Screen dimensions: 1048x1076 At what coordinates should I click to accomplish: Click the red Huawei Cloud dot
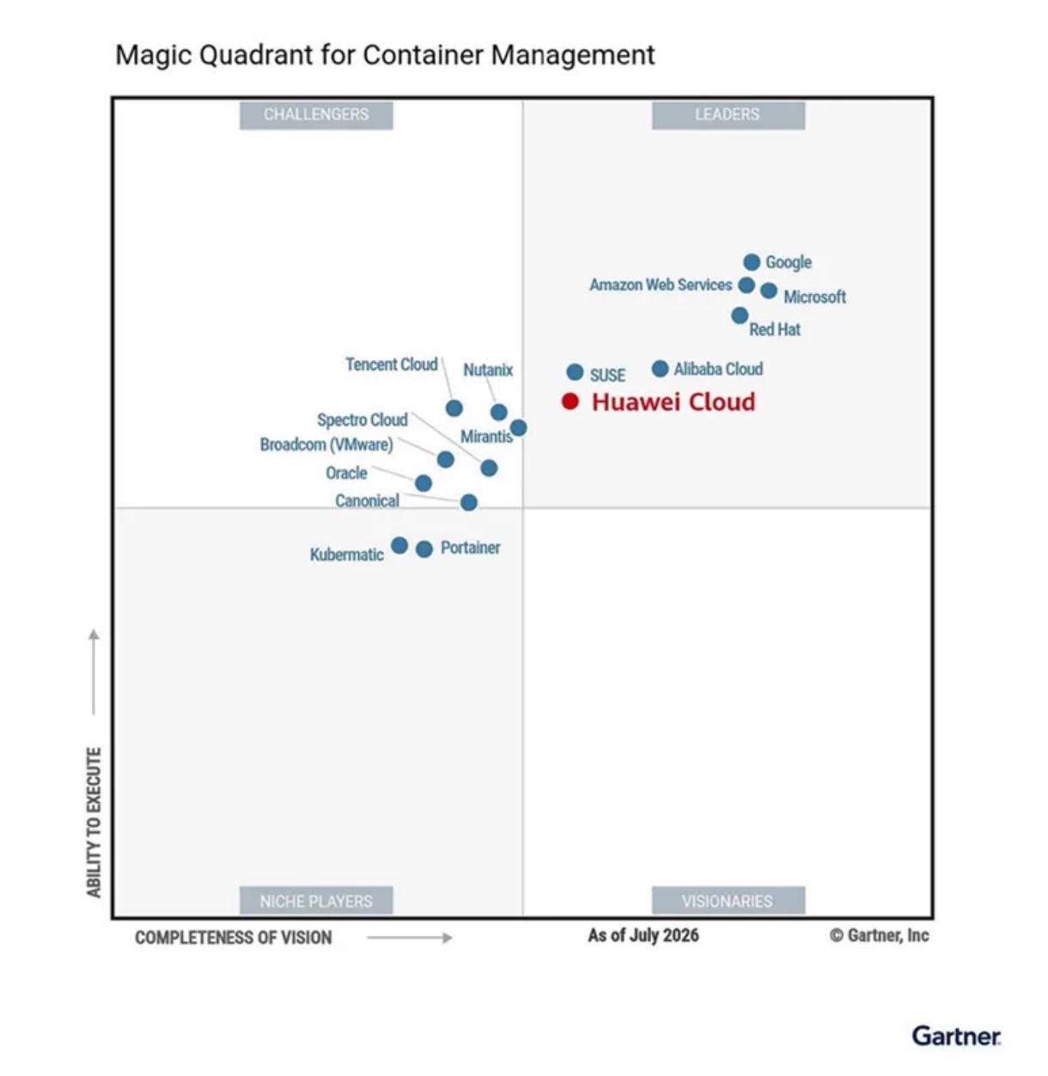(570, 401)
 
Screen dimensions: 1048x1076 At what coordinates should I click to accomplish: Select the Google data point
(752, 261)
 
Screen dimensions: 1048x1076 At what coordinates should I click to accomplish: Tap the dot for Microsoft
(768, 290)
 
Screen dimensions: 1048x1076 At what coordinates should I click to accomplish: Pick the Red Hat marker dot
(740, 315)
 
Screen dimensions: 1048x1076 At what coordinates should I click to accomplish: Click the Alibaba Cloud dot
(660, 368)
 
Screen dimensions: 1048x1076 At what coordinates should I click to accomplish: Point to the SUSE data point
(575, 371)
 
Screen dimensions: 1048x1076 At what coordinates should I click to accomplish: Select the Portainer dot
(424, 549)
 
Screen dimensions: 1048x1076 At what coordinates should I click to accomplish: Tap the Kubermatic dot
(399, 546)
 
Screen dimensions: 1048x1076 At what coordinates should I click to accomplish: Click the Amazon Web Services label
(661, 284)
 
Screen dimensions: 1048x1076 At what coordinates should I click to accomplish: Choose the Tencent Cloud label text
(392, 364)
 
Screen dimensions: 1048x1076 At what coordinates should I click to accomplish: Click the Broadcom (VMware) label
(326, 444)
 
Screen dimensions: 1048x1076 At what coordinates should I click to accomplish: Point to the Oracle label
(346, 474)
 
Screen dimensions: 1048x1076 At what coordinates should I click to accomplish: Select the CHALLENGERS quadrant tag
(316, 115)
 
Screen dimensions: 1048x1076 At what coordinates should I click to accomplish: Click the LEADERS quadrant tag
(728, 115)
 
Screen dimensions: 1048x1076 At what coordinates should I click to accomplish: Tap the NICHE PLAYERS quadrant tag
(316, 901)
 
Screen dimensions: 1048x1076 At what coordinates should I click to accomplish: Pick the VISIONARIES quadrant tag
(728, 901)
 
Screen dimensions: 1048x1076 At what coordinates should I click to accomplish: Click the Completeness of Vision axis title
(234, 938)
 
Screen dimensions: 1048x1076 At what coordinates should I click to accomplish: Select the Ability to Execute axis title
(94, 822)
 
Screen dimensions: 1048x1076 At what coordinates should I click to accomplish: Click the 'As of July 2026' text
(643, 935)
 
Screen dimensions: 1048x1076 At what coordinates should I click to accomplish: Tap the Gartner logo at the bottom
(956, 1036)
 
